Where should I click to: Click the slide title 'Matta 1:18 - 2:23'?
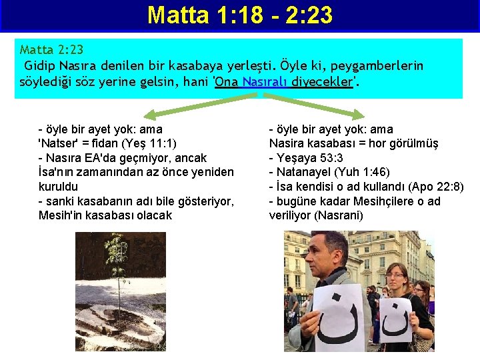click(x=239, y=15)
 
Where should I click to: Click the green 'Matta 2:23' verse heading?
click(x=51, y=50)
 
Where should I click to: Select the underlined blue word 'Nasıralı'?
click(x=266, y=82)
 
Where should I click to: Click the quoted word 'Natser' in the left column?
click(x=59, y=143)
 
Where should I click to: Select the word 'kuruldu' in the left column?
click(x=58, y=187)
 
